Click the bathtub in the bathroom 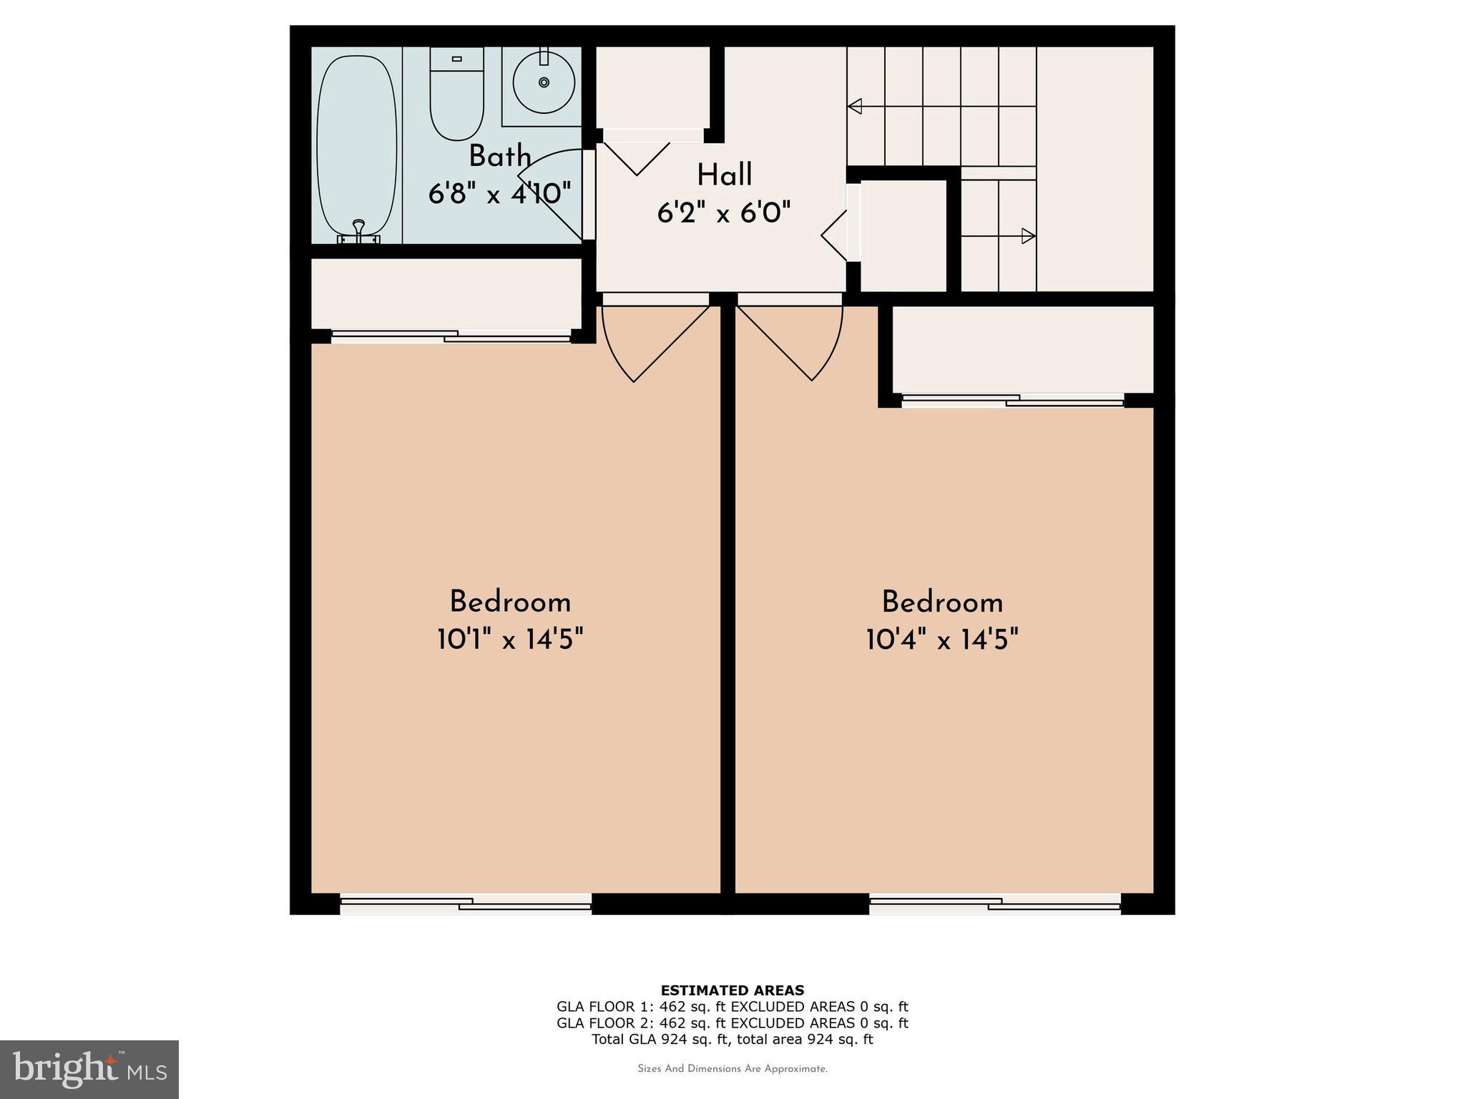356,143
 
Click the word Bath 500,157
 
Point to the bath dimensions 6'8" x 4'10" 500,193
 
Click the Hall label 725,175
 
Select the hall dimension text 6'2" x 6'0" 724,213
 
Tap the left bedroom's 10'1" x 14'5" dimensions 510,639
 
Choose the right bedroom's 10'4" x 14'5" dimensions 942,639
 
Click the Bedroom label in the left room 510,602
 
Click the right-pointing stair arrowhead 1028,235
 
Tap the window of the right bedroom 995,904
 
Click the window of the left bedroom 466,904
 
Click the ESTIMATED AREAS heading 732,990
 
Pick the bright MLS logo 89,1069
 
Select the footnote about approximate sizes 732,1069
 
